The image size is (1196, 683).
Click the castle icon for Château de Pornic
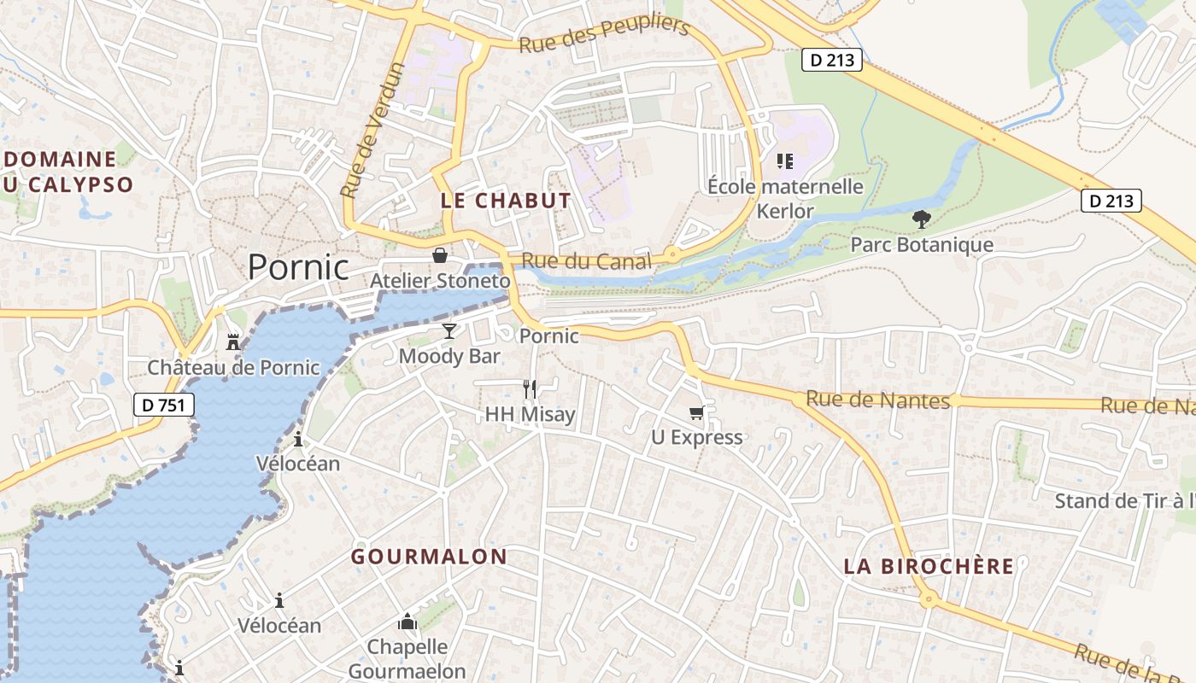pyautogui.click(x=232, y=342)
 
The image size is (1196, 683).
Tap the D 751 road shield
pyautogui.click(x=164, y=405)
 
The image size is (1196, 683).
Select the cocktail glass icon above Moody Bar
pyautogui.click(x=449, y=330)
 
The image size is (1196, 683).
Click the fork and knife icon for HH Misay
pyautogui.click(x=530, y=389)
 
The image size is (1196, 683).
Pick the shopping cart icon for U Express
pyautogui.click(x=696, y=413)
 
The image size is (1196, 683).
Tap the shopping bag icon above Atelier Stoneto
pyautogui.click(x=440, y=255)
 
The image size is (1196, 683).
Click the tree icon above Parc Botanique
pyautogui.click(x=921, y=219)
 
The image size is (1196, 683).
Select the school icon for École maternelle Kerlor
pyautogui.click(x=785, y=161)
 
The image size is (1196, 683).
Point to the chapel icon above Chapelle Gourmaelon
pyautogui.click(x=407, y=622)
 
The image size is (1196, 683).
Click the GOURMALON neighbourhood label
pyautogui.click(x=429, y=557)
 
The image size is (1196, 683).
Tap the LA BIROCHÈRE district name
pyautogui.click(x=929, y=566)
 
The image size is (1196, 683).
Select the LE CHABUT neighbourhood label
pyautogui.click(x=506, y=201)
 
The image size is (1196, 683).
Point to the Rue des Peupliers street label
pyautogui.click(x=604, y=34)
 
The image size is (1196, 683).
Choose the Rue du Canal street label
pyautogui.click(x=586, y=261)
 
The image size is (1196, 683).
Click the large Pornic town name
pyautogui.click(x=298, y=267)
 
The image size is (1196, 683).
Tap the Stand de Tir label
pyautogui.click(x=1123, y=500)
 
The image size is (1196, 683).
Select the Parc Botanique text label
pyautogui.click(x=922, y=245)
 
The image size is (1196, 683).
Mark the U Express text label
pyautogui.click(x=696, y=437)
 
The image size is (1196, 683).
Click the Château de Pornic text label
pyautogui.click(x=233, y=368)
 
